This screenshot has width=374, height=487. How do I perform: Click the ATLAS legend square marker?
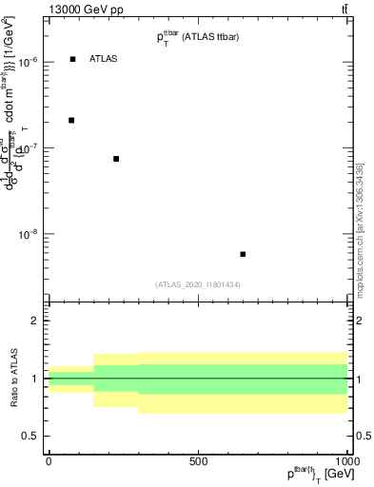click(x=72, y=59)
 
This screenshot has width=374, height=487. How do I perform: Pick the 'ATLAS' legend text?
click(x=104, y=59)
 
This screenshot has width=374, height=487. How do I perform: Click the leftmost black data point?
click(x=71, y=120)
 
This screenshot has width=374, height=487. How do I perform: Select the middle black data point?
click(x=116, y=159)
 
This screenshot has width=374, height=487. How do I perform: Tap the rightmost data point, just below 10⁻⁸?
click(x=244, y=254)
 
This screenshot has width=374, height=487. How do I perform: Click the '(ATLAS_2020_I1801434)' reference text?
click(x=197, y=284)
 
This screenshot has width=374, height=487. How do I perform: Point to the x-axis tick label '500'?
click(x=197, y=461)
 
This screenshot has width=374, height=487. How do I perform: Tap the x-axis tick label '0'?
click(x=49, y=461)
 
